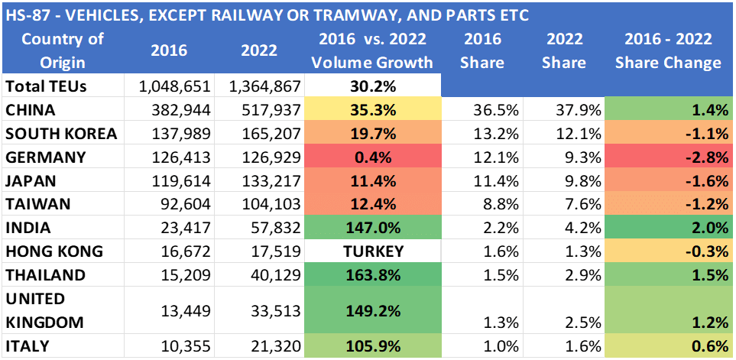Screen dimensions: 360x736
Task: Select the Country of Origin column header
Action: pyautogui.click(x=53, y=50)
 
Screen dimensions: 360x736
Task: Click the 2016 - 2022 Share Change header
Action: pyautogui.click(x=668, y=50)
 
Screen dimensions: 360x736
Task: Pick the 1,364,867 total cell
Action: pyautogui.click(x=264, y=86)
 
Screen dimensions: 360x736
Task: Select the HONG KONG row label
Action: pyautogui.click(x=53, y=251)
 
